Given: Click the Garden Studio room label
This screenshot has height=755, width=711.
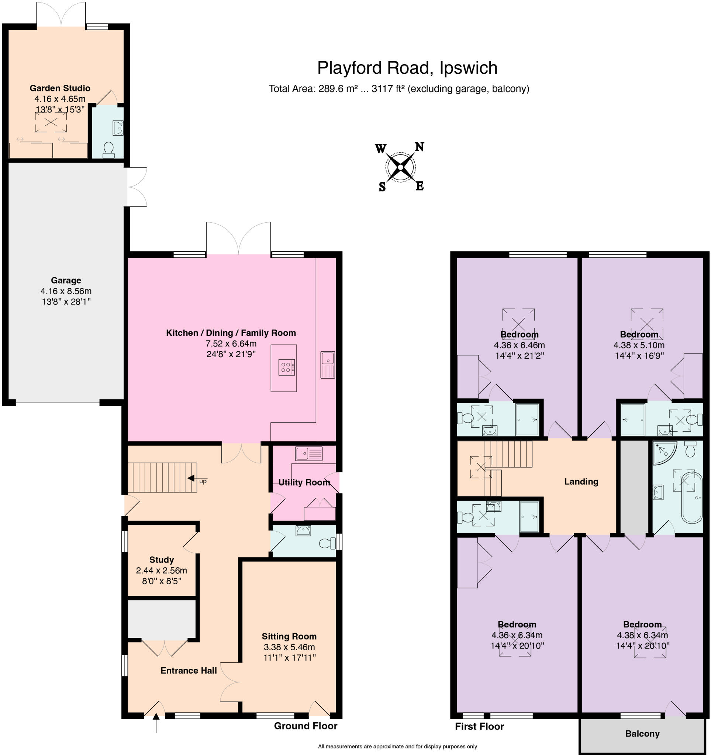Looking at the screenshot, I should tap(60, 88).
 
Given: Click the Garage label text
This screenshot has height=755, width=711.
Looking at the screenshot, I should tap(66, 280).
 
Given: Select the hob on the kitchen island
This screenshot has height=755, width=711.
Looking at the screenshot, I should tap(286, 367).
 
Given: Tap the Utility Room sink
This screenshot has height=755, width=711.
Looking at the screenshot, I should tap(308, 453).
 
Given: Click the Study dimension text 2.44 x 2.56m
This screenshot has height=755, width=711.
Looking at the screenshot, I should tap(161, 570).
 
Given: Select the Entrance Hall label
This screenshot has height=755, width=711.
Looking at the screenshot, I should tap(189, 670).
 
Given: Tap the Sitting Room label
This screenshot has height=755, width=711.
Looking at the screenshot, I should tap(289, 636).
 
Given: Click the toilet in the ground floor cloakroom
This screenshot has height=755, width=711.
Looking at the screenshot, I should tap(326, 543).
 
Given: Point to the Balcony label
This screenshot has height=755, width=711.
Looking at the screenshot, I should tap(642, 733).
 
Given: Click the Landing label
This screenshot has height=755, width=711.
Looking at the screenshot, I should tap(581, 481).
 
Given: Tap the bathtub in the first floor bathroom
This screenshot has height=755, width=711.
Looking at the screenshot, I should tap(691, 498).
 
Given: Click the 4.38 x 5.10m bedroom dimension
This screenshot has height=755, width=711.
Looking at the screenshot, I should tap(638, 345).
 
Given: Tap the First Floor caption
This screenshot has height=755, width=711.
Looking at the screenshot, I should tap(479, 726).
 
